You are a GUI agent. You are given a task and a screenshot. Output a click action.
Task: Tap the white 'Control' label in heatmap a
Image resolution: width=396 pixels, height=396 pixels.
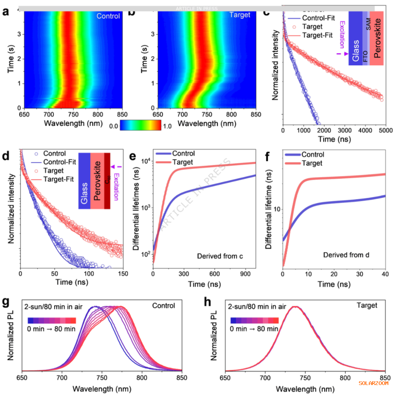[x=108, y=16]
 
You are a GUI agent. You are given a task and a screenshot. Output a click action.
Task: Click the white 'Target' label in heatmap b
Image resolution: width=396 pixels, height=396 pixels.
[x=240, y=15]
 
